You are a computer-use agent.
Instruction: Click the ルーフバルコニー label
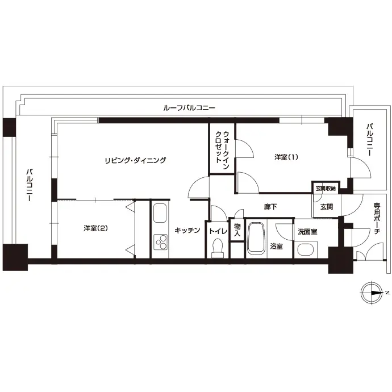[189, 108]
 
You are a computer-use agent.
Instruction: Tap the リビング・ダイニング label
[135, 160]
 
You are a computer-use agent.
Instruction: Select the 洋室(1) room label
[286, 157]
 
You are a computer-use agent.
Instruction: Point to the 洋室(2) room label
[95, 228]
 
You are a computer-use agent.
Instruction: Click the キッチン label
[187, 230]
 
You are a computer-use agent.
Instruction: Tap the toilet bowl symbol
[218, 248]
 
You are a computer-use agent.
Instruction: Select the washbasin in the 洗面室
[306, 249]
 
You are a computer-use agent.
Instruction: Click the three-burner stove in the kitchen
[161, 242]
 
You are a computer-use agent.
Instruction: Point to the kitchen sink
[160, 213]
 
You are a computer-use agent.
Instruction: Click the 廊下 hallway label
[270, 207]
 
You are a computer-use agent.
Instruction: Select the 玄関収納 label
[326, 189]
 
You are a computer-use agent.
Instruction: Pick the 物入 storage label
[237, 230]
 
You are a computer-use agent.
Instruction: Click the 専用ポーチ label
[377, 218]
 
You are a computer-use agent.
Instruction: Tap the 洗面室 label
[307, 232]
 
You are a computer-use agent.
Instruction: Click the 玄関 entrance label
[327, 207]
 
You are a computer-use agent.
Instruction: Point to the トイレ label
[218, 231]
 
